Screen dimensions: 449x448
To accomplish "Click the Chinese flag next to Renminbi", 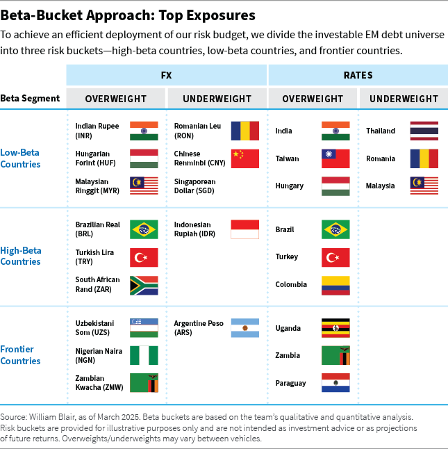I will tap(244, 158).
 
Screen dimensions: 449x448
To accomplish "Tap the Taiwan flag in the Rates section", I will tap(335, 158).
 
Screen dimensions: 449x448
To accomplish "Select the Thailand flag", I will tap(424, 131).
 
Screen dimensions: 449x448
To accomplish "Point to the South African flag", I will tap(144, 285).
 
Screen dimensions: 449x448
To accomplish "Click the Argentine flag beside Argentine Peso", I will tap(244, 327).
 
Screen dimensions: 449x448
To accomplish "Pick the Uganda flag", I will tap(335, 327).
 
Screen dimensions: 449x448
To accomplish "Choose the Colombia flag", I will tap(335, 285).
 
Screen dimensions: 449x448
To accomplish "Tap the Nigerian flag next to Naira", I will tap(144, 355).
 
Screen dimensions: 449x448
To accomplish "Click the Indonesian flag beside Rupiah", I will tap(244, 229).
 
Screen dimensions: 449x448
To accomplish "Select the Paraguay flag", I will tap(335, 383).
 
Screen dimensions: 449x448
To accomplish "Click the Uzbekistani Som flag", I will tap(144, 327).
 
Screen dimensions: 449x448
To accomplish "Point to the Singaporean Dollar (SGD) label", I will tap(195, 186).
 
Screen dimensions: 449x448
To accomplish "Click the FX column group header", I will tap(167, 75).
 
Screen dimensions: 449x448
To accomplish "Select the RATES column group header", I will tap(358, 75).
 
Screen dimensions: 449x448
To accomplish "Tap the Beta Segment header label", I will tap(30, 99).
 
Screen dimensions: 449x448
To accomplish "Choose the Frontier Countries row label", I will tap(20, 355).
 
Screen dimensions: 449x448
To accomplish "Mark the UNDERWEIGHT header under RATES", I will tap(404, 99).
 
